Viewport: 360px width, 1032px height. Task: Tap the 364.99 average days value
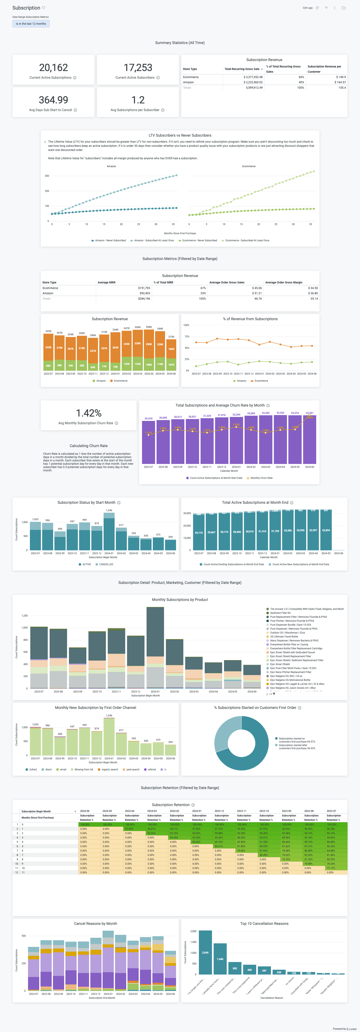click(53, 100)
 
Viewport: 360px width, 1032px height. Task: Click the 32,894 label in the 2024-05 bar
click(326, 530)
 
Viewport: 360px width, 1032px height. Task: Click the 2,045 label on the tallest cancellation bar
click(205, 953)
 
